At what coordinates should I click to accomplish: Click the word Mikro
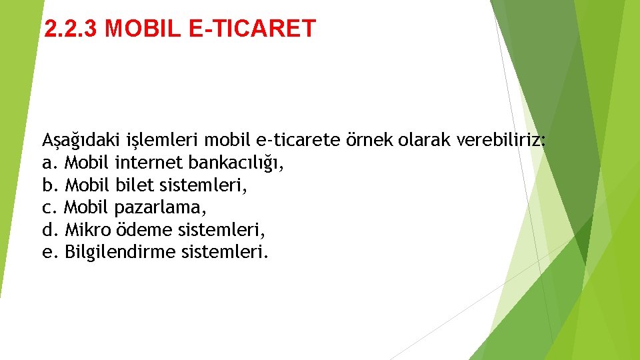[89, 230]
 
